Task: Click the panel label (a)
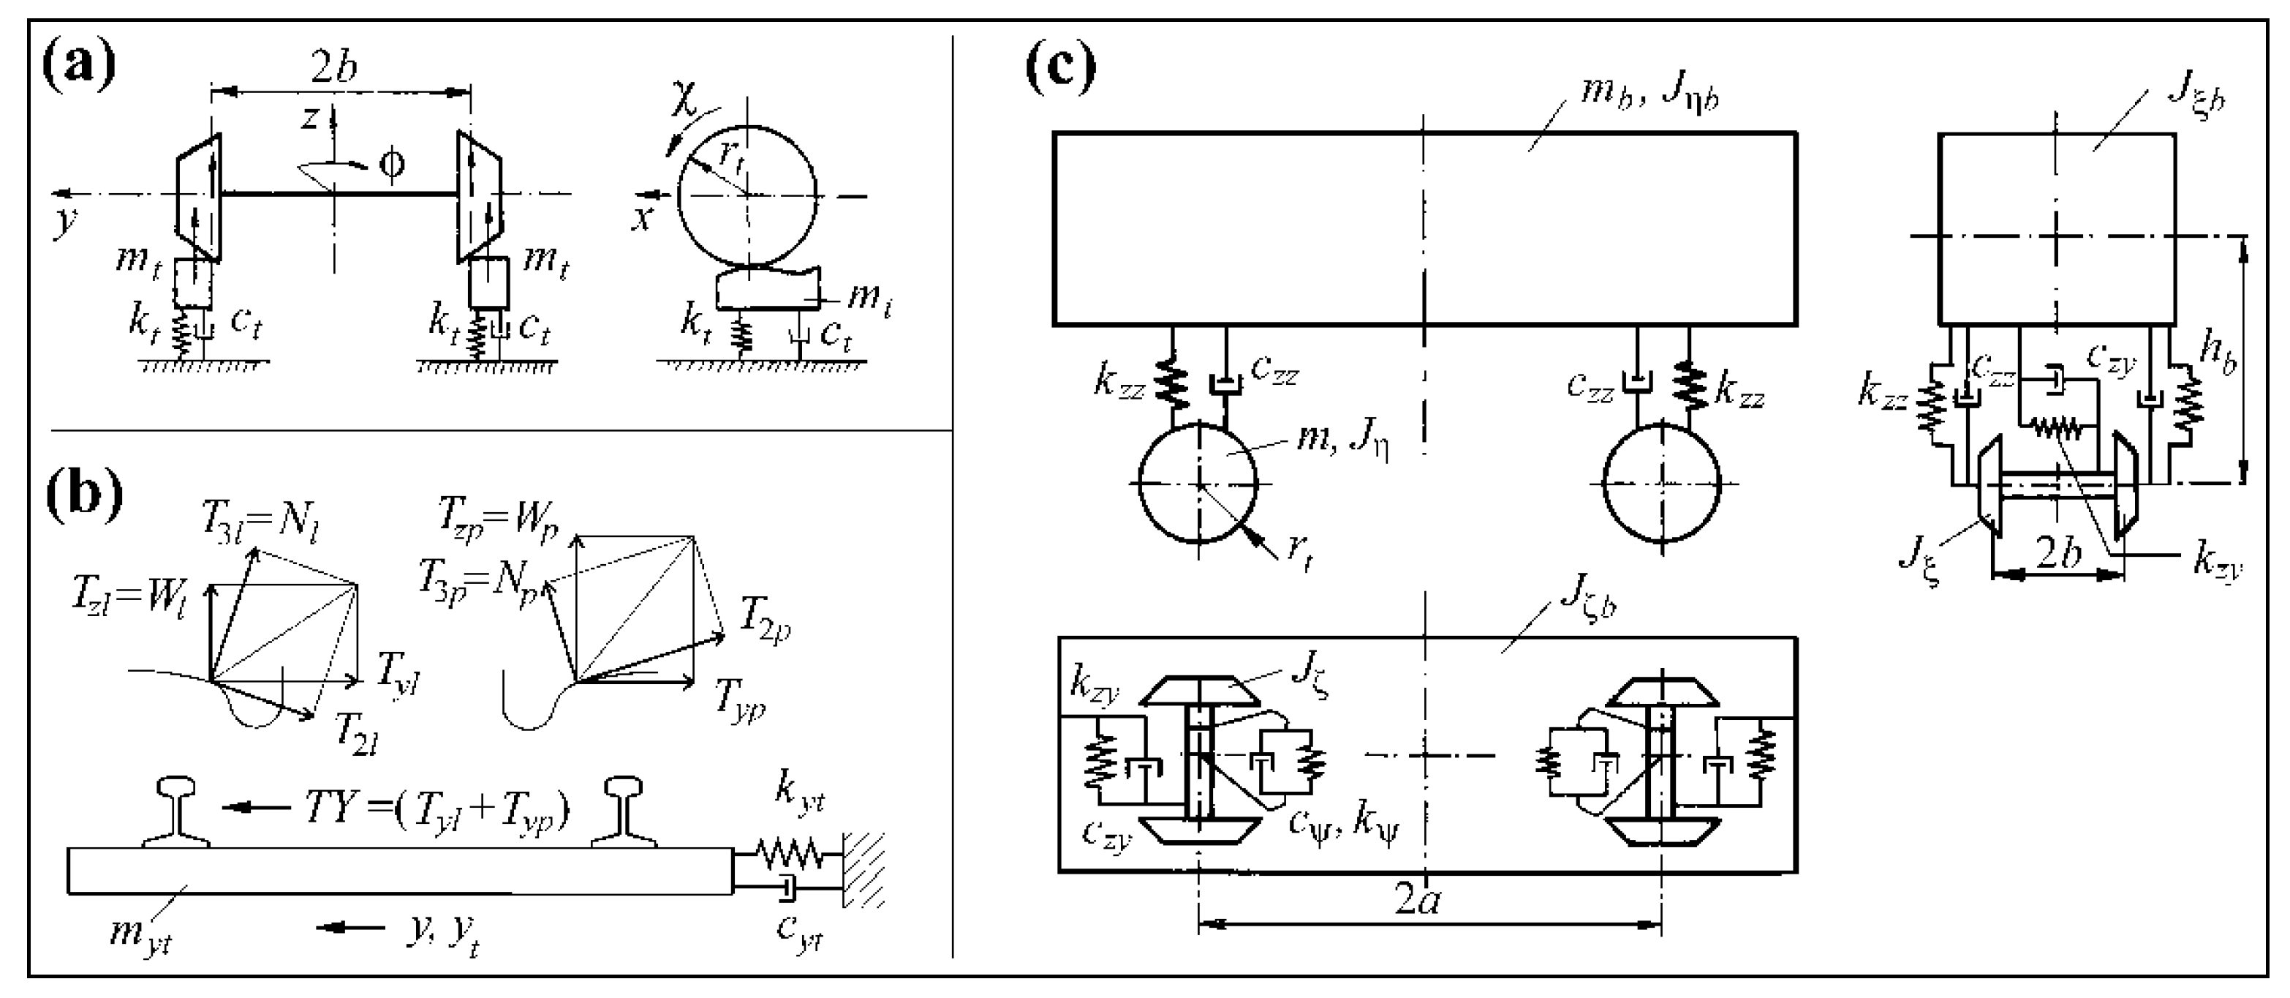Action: point(79,66)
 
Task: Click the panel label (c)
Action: point(1060,66)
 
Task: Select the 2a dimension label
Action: point(1417,900)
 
